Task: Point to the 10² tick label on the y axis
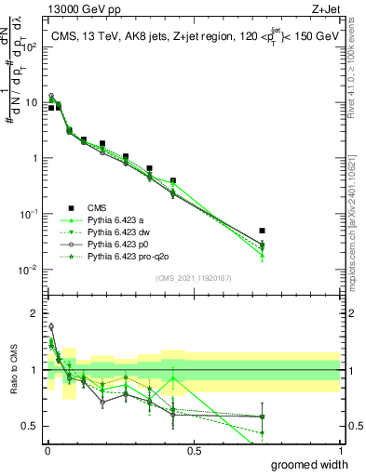pos(29,46)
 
